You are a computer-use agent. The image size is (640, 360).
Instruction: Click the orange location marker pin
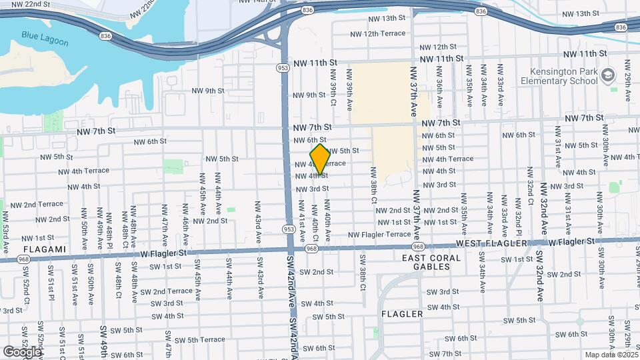320,159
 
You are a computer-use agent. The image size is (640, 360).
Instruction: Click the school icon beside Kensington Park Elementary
607,75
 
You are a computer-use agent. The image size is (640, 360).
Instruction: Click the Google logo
23,351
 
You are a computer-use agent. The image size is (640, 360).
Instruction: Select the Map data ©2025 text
611,355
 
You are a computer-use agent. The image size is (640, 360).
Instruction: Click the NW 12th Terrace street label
377,33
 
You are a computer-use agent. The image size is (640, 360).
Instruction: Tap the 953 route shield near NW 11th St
283,67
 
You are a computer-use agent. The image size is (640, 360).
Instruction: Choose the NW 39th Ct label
333,93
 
